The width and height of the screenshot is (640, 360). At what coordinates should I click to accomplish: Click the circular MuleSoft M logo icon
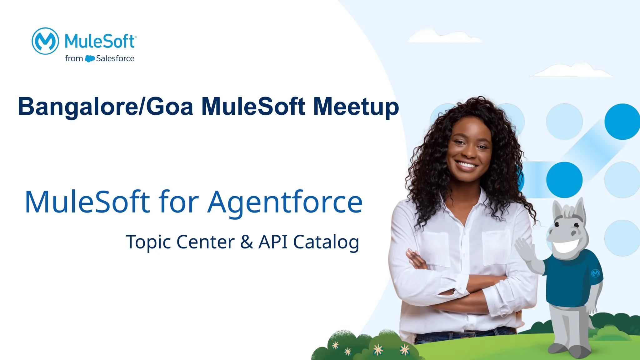click(x=45, y=41)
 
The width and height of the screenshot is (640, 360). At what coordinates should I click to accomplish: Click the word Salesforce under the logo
click(x=115, y=58)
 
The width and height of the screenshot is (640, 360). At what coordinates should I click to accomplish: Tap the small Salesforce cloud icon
click(x=90, y=58)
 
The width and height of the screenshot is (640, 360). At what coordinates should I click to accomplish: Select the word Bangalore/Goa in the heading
click(x=106, y=107)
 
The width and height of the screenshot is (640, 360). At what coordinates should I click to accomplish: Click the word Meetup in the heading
click(x=356, y=107)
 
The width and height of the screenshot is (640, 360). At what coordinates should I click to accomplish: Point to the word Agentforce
click(x=285, y=202)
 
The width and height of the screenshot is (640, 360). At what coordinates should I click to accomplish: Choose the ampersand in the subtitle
click(x=247, y=242)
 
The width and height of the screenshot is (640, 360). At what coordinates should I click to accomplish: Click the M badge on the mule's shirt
click(x=595, y=273)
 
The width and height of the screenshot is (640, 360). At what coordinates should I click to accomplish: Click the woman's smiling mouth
click(x=467, y=165)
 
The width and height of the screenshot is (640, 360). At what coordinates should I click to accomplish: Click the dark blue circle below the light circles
click(x=564, y=180)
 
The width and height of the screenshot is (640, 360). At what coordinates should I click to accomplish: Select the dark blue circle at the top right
click(x=622, y=122)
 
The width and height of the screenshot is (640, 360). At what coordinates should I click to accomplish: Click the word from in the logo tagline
click(x=74, y=58)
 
